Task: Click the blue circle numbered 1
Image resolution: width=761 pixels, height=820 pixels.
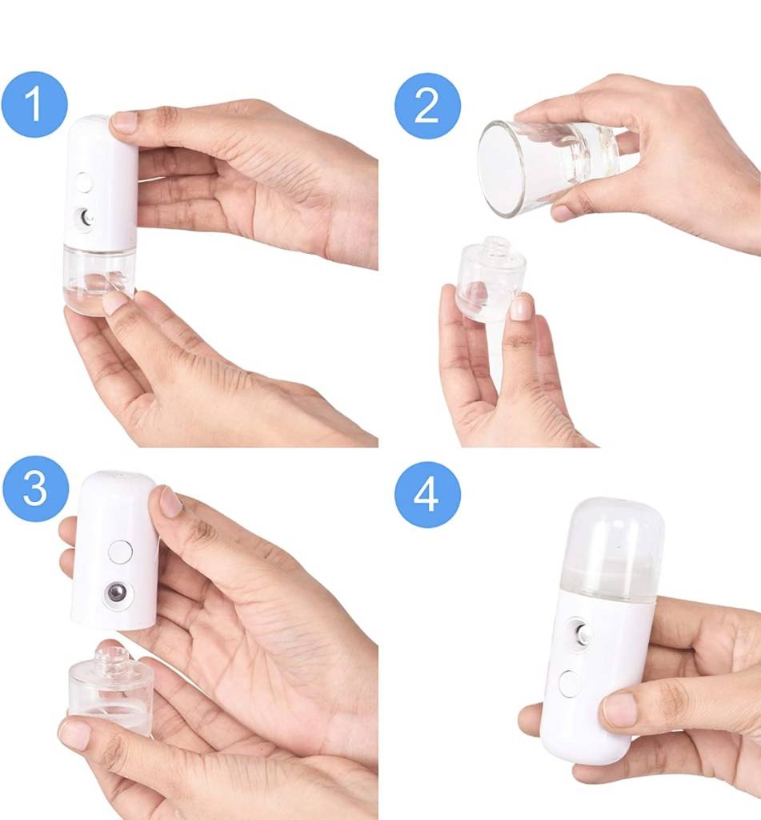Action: coord(34,104)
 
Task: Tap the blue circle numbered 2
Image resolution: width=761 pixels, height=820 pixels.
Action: coord(427,107)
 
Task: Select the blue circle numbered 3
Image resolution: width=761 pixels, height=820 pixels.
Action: coord(35,488)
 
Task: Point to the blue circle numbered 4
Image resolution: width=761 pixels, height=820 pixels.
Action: coord(427,494)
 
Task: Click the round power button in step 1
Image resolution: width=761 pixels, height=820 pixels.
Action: coord(83,183)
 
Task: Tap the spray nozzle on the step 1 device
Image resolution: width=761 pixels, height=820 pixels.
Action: coord(86,217)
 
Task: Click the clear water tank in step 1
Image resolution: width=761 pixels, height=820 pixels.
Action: coord(98,279)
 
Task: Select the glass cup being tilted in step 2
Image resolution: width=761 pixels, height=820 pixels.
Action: coord(549,167)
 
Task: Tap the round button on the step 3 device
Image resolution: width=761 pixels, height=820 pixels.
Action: coord(120,553)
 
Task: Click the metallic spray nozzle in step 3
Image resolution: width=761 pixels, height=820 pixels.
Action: coord(117,593)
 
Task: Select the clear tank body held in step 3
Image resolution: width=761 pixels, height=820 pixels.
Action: coord(110,690)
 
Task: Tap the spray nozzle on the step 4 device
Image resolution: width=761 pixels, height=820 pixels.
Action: coord(580,634)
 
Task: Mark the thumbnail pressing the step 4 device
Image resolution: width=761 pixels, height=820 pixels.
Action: coord(620,709)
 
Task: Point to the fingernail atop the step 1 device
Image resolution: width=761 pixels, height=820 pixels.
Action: coord(124,122)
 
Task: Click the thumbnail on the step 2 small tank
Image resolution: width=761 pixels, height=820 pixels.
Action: coord(520,307)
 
